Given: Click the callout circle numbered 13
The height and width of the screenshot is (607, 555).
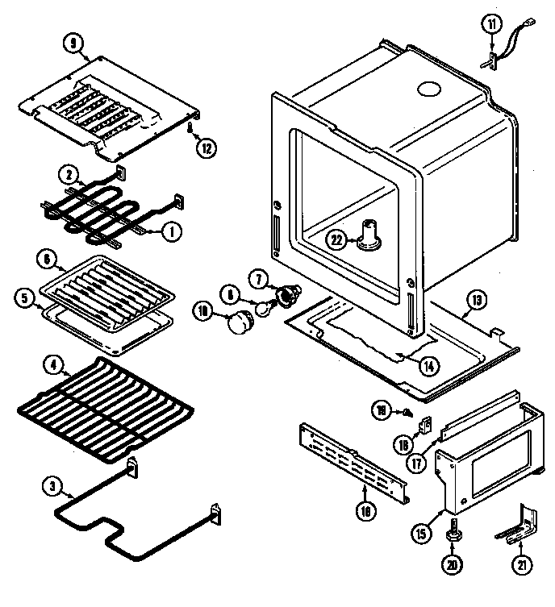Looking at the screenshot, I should pos(477,301).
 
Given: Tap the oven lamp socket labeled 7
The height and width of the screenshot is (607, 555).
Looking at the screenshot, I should pos(286,297).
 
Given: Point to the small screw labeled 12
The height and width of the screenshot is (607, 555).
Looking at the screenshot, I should pos(190,128).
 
